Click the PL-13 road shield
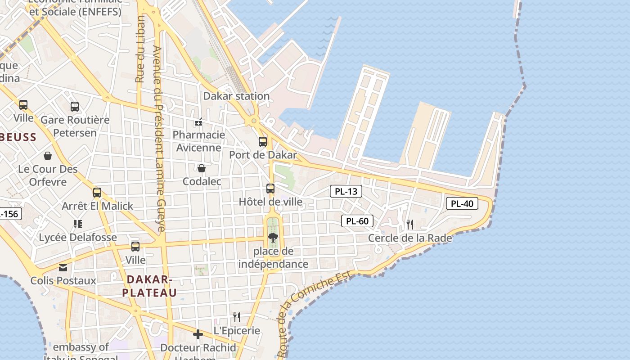coord(346,191)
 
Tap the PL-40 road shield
coord(462,203)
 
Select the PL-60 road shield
coord(358,221)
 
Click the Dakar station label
coord(236,96)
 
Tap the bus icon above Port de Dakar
coord(263,142)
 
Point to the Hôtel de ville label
coord(270,202)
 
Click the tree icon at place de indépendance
coord(273,238)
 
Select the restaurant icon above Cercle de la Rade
coord(410,224)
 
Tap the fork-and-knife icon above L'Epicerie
coord(237,317)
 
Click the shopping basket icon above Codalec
coord(202,168)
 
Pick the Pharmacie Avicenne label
coord(199,141)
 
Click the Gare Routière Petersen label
coord(75,126)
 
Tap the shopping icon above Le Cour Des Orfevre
coord(48,156)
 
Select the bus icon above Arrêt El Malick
coord(97,193)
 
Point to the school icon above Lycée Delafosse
coord(78,224)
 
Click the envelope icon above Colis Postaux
coord(63,268)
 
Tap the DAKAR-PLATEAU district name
coord(149,286)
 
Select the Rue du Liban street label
coord(140,49)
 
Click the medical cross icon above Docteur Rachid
coord(198,334)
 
